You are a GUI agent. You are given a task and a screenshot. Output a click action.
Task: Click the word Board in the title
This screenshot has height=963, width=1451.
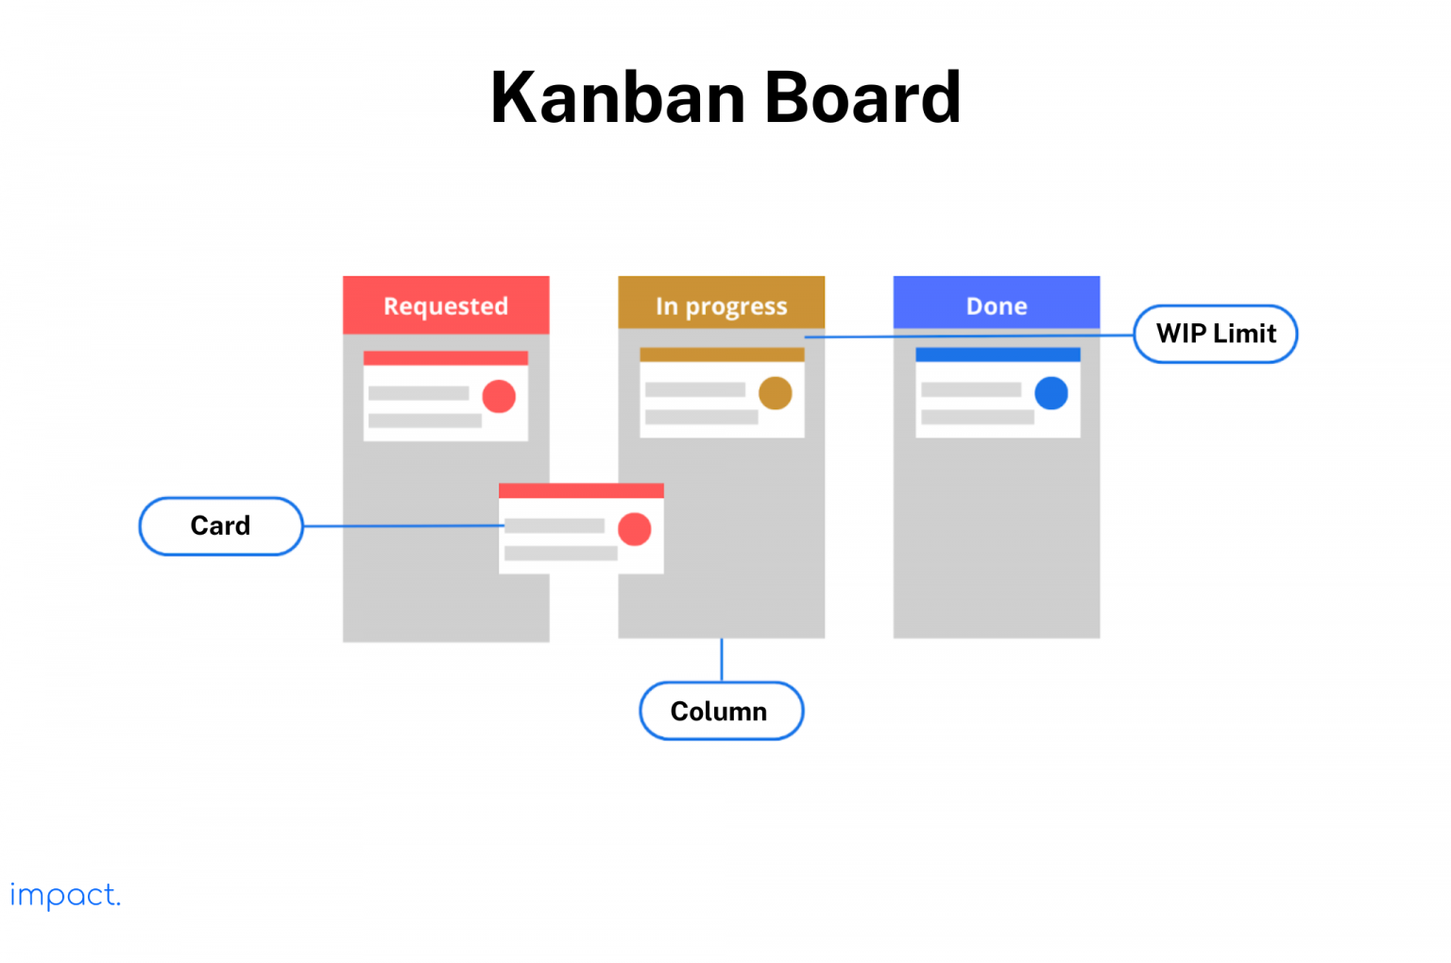click(x=862, y=97)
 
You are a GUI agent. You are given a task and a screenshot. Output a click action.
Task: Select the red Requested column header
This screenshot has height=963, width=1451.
click(x=446, y=305)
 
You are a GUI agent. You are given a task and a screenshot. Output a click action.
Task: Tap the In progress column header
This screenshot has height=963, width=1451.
click(x=721, y=305)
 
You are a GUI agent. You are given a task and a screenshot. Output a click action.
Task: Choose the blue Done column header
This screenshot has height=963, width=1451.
click(x=997, y=305)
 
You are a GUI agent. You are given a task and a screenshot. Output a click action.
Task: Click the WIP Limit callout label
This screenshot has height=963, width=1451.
click(x=1216, y=334)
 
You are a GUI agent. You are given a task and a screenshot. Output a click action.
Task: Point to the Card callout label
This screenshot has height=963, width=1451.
click(x=221, y=525)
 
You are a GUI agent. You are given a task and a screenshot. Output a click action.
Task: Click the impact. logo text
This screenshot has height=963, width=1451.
click(x=65, y=895)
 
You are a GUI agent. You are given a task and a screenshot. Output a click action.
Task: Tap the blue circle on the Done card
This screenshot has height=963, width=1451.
click(x=1050, y=393)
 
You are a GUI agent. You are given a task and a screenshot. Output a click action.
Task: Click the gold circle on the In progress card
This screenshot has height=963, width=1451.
click(x=775, y=393)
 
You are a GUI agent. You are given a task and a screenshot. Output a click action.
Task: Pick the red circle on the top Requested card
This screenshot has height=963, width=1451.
click(x=499, y=396)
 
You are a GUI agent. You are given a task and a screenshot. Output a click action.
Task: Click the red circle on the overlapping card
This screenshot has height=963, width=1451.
click(x=634, y=529)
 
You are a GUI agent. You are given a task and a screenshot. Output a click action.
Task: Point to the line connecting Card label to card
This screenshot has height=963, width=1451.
click(x=401, y=526)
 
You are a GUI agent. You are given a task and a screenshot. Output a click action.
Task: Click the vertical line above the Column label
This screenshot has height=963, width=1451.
click(x=722, y=660)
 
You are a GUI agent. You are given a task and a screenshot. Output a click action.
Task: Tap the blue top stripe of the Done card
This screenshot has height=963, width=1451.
click(x=998, y=355)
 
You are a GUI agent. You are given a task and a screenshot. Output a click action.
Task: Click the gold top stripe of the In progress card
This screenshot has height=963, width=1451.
click(x=722, y=355)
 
